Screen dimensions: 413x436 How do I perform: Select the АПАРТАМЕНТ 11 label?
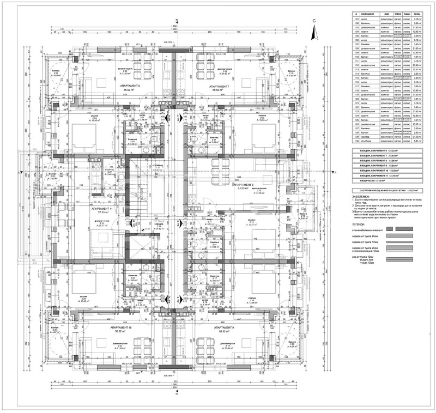tap(102, 209)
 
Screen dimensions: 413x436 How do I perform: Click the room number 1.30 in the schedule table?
tap(341, 140)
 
